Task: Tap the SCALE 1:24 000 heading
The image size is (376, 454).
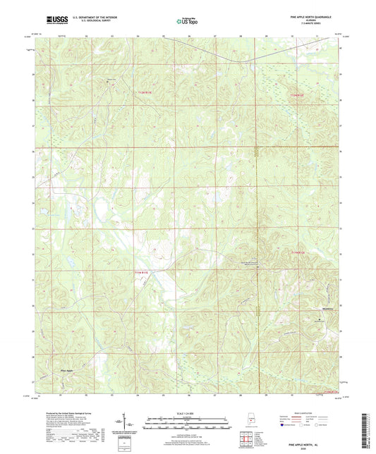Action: [x=188, y=414]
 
